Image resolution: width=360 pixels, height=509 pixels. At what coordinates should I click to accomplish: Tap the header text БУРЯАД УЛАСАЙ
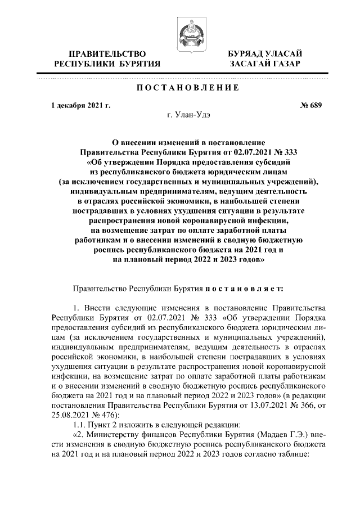265,53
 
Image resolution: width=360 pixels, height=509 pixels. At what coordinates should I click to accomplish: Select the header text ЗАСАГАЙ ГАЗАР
265,64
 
